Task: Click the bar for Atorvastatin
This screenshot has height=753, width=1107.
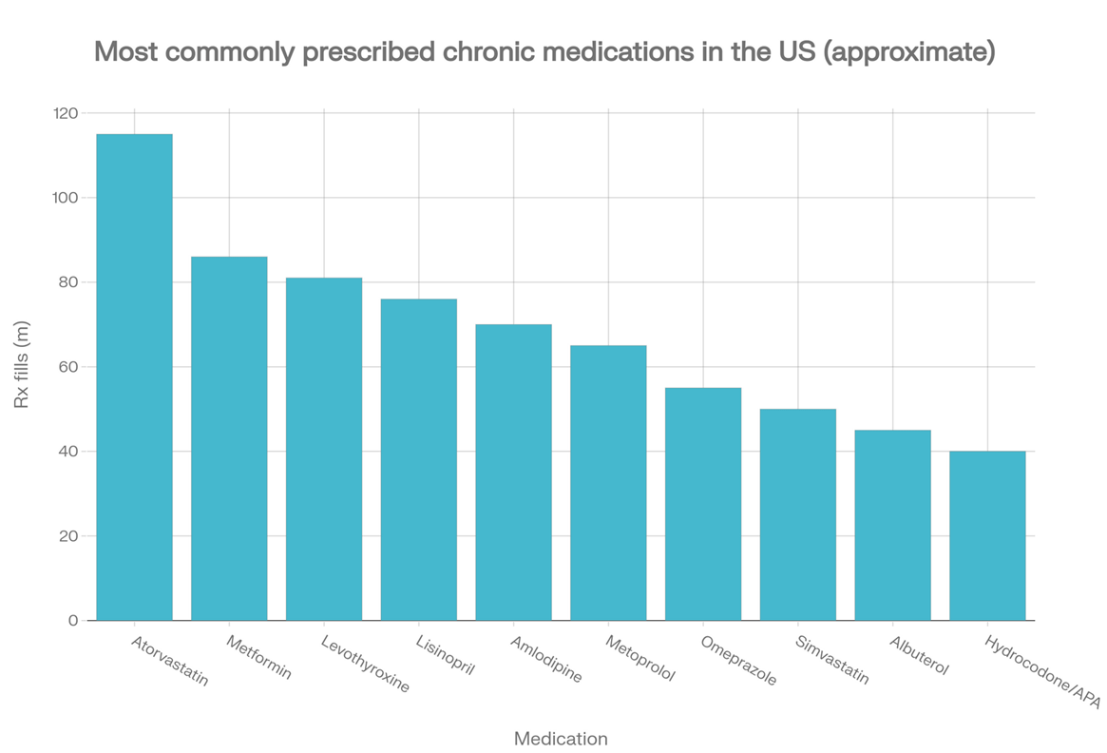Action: [134, 377]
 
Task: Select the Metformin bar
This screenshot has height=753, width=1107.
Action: [229, 438]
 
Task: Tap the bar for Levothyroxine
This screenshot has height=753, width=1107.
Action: [324, 450]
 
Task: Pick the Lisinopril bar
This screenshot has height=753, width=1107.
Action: [419, 460]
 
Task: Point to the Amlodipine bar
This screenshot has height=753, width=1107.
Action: [513, 473]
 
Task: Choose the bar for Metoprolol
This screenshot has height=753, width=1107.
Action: [608, 483]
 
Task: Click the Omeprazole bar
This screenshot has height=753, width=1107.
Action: [703, 504]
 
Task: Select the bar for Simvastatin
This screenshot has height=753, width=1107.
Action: [798, 515]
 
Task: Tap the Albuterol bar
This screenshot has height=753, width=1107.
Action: [892, 526]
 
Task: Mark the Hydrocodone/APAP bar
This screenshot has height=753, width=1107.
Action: [987, 536]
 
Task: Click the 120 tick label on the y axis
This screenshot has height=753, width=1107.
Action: [65, 113]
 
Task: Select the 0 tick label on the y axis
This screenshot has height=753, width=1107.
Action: [73, 621]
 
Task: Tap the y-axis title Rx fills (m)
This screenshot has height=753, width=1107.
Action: [22, 364]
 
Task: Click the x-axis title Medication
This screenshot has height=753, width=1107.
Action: [561, 739]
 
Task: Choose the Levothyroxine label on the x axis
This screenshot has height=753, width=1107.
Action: [365, 664]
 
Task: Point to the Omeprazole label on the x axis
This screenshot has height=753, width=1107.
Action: [738, 661]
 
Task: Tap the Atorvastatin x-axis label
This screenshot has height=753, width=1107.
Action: [170, 661]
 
